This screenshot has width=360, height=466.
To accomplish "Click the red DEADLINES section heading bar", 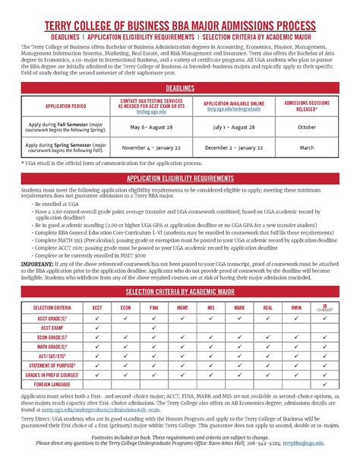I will pos(180,88).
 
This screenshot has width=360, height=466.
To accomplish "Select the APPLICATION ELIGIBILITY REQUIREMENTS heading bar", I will pos(180,177).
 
